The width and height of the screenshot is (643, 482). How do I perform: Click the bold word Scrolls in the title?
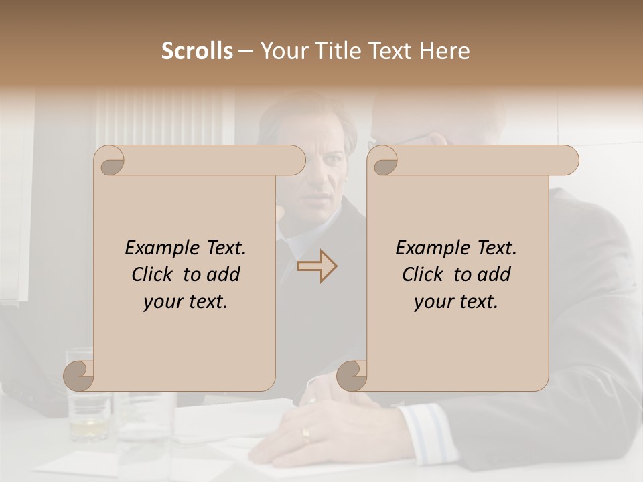coord(197,51)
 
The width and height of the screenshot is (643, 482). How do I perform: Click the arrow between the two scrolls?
coord(317,266)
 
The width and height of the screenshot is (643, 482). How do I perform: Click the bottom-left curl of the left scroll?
coord(79,376)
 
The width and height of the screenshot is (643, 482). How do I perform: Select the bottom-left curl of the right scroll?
coord(352,376)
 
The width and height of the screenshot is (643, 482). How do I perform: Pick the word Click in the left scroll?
coord(155,274)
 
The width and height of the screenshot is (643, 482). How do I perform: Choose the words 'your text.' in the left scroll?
coord(186,301)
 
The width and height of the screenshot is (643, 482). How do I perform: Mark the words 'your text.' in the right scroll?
coord(456,301)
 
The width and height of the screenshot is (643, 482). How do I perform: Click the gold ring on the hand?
coord(306,435)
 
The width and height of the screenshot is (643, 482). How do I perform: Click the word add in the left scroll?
coord(223,274)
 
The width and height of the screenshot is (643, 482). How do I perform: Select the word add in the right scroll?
coord(494,274)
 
